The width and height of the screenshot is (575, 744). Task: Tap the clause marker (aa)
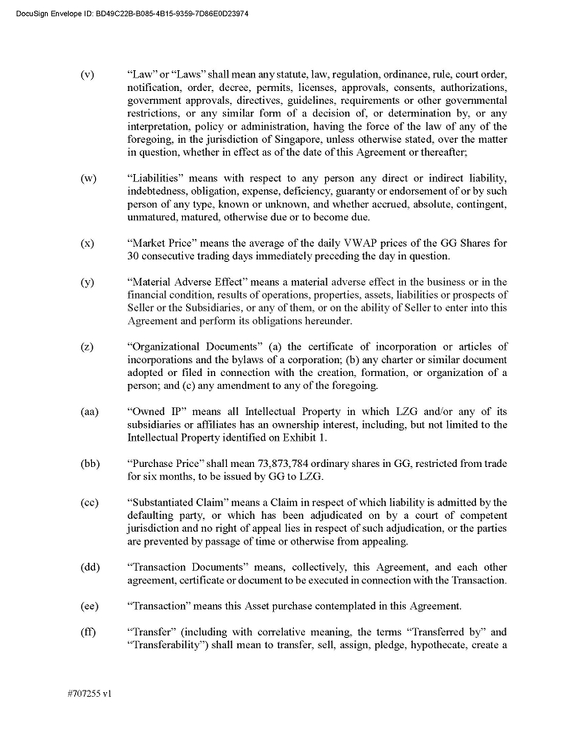[x=89, y=412]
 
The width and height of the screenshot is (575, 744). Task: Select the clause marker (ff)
[x=88, y=632]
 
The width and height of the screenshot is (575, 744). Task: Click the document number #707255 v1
[x=89, y=695]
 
